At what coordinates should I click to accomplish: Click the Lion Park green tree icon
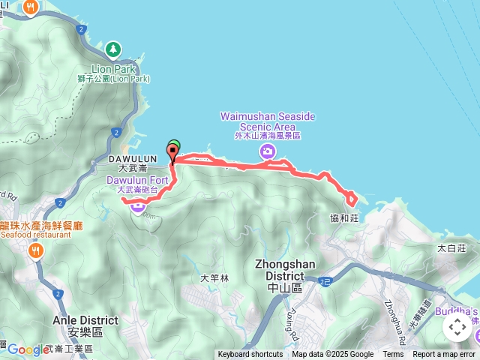112,49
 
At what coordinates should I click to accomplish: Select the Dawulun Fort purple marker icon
138,206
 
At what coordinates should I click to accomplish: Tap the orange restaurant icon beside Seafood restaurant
35,251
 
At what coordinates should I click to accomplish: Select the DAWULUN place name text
133,159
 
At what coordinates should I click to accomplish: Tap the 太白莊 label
451,247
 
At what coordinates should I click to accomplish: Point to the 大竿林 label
214,277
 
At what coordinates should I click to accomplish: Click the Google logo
28,349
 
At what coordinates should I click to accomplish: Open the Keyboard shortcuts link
250,355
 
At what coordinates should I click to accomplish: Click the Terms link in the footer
393,355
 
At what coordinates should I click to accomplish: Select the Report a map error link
443,355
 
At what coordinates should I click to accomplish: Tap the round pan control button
457,328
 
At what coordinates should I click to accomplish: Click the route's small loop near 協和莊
350,198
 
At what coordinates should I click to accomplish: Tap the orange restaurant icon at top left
31,7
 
